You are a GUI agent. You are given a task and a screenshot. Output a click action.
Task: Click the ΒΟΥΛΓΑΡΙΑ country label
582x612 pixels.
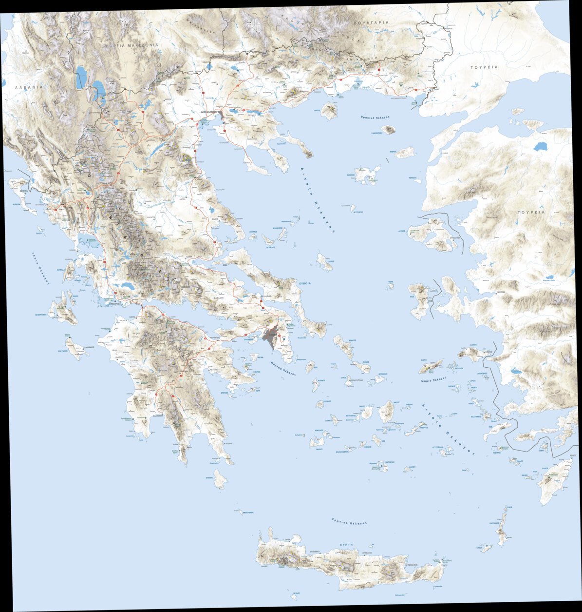pyautogui.click(x=372, y=23)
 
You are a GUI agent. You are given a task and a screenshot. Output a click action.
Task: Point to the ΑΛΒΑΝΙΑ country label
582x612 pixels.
pyautogui.click(x=29, y=87)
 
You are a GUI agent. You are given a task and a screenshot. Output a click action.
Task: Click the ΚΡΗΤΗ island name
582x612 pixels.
pyautogui.click(x=347, y=544)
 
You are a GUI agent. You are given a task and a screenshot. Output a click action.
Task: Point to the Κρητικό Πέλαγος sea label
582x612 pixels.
pyautogui.click(x=348, y=521)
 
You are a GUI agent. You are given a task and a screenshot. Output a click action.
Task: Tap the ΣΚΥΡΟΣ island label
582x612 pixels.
pyautogui.click(x=329, y=261)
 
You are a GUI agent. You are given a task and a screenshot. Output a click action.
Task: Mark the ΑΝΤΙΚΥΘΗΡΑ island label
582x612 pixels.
pyautogui.click(x=247, y=513)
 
